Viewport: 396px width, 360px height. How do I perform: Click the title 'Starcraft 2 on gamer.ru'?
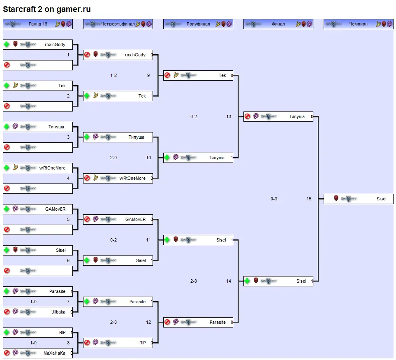47,9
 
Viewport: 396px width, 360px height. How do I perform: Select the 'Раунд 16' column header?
38,24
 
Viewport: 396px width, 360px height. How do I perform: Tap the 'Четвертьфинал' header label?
118,24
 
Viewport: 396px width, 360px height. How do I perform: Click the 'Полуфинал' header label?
198,24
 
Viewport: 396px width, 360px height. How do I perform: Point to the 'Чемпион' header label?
359,24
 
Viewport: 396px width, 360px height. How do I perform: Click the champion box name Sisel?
381,199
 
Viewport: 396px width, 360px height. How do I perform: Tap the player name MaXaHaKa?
54,353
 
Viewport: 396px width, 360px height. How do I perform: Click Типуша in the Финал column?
296,117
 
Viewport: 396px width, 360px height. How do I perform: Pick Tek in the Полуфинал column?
222,76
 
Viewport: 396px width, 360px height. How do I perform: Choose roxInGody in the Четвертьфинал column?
135,55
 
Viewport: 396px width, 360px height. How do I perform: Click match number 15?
309,199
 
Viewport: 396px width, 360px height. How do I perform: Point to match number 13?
229,117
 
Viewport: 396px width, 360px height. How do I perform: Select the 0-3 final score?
274,199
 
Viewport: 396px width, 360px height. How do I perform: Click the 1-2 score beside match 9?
113,76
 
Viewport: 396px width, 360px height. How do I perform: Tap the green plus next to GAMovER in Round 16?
7,209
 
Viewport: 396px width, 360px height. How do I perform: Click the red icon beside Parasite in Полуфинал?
167,322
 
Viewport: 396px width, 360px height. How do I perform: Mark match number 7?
68,302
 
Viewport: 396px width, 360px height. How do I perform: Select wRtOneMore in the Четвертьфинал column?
132,179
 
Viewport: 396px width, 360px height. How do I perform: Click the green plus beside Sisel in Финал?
247,281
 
